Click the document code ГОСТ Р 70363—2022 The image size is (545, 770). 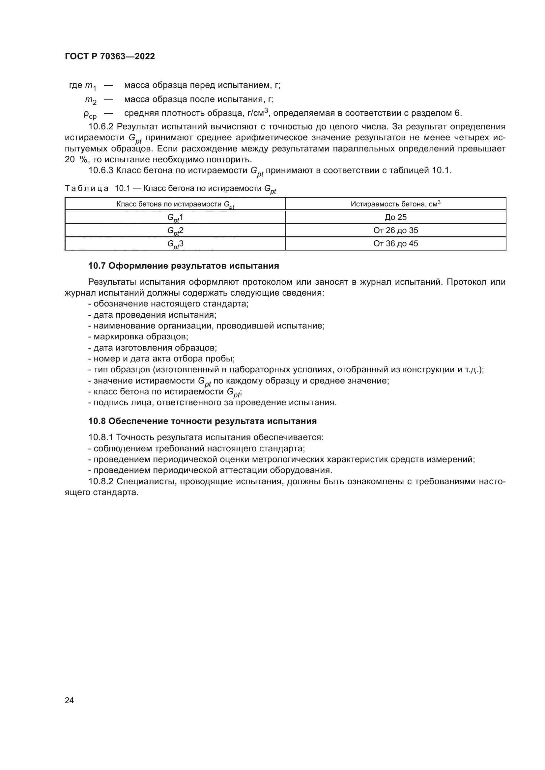tap(110, 56)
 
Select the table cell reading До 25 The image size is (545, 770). tap(396, 217)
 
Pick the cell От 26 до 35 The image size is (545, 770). tap(396, 230)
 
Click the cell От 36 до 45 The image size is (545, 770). tap(396, 244)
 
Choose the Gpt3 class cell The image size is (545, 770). tap(175, 244)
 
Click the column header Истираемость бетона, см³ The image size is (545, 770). tap(396, 204)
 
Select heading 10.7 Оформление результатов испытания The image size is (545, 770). tap(184, 266)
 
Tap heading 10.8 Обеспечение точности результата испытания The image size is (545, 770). tap(202, 421)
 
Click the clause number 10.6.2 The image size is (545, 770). tap(101, 127)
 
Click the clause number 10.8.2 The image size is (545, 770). tap(101, 482)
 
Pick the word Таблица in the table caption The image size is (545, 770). tap(87, 189)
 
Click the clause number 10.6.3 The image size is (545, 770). tap(101, 171)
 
